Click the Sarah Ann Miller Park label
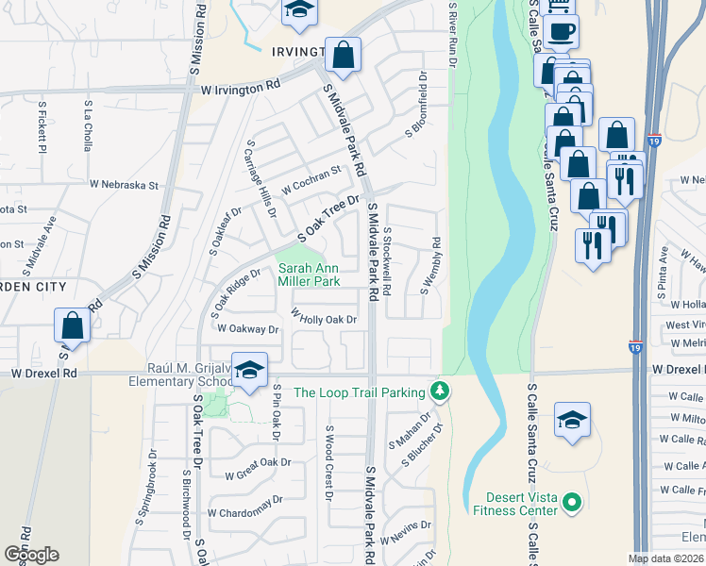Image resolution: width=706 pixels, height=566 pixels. coord(309,275)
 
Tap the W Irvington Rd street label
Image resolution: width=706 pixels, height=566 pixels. coord(241,86)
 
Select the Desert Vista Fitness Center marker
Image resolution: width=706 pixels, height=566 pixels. coord(571,505)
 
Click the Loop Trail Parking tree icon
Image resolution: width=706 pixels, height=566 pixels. coord(438,390)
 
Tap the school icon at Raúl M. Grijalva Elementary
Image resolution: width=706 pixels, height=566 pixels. coord(249,369)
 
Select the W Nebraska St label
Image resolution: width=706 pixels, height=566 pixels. coord(124,185)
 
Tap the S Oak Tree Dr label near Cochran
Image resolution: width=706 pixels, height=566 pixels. coord(329,218)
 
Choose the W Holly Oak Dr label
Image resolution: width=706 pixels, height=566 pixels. coord(324,319)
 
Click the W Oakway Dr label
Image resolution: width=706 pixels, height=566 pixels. coord(248,329)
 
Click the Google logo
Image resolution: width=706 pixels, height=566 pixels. coord(31,554)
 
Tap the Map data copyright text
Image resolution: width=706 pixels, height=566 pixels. coord(664,558)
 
